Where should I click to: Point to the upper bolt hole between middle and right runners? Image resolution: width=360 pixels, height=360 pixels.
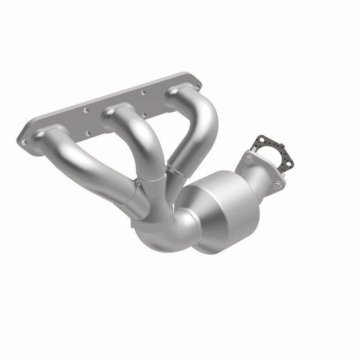(x=144, y=92)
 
